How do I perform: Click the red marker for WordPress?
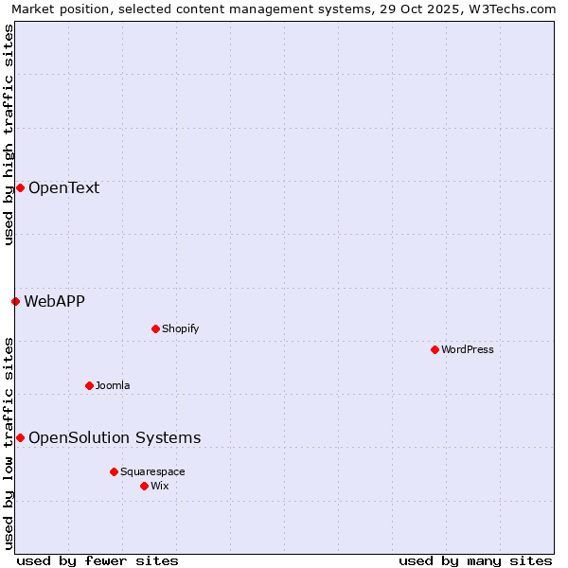coord(435,349)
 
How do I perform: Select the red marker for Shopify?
coord(155,328)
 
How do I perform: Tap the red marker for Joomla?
coord(89,385)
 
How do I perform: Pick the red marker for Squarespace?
coord(114,471)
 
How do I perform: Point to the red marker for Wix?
coord(144,486)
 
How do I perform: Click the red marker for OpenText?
coord(20,187)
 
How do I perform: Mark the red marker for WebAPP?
coord(15,301)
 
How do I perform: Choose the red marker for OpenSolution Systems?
coord(20,437)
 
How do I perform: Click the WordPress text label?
coord(468,349)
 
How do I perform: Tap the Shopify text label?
coord(180,328)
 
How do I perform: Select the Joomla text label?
coord(113,385)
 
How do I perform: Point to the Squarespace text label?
coord(152,471)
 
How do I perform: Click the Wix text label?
coord(160,486)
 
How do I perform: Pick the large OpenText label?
coord(63,187)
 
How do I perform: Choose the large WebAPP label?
coord(54,301)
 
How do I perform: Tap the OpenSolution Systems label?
coord(115,437)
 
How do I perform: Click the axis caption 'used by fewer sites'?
coord(97,560)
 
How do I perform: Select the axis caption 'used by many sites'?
coord(475,560)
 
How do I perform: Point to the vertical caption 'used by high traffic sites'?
coord(9,134)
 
